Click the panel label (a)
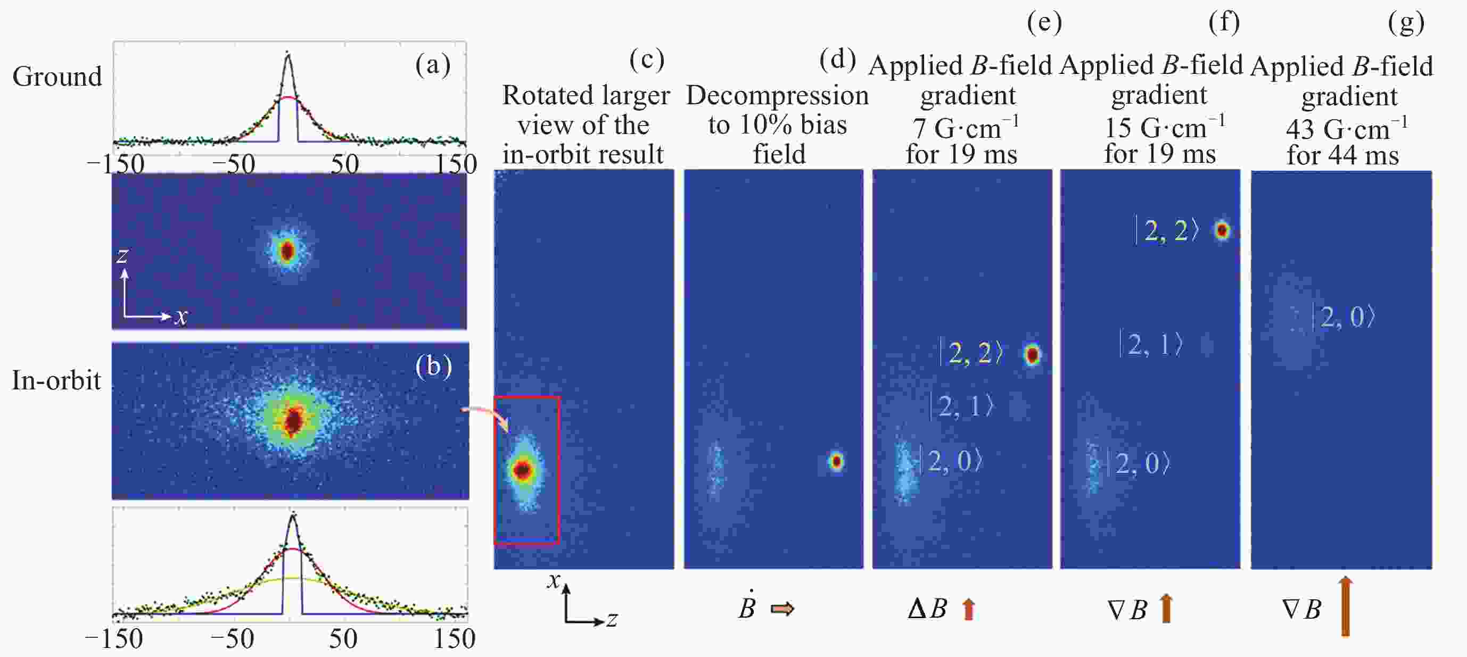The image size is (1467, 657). [x=433, y=65]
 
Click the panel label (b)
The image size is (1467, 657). [x=433, y=366]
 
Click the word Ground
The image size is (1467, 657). [x=57, y=77]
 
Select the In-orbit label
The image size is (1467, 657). [x=56, y=380]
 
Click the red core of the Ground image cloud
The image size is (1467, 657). [x=287, y=251]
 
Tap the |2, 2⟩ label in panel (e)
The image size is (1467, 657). [x=971, y=353]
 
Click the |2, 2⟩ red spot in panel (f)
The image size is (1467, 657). [x=1222, y=230]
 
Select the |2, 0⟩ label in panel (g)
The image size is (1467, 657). [x=1344, y=317]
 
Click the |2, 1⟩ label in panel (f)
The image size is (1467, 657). [x=1151, y=344]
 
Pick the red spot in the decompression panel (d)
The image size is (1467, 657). [x=836, y=461]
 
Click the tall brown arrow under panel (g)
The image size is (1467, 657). [x=1345, y=606]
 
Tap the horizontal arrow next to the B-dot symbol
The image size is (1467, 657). [x=782, y=609]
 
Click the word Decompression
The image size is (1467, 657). [x=777, y=96]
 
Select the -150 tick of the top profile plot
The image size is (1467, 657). [x=115, y=164]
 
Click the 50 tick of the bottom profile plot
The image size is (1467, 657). [x=343, y=639]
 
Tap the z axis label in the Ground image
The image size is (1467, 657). [x=122, y=256]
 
